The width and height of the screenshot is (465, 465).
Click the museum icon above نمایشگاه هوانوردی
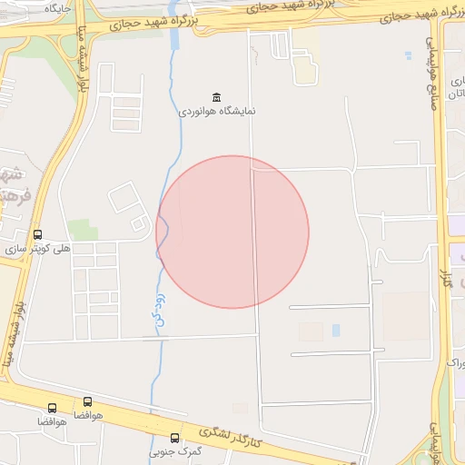click(216, 97)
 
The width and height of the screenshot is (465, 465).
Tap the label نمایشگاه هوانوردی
click(216, 111)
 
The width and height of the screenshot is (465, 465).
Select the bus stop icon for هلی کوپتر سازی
click(37, 233)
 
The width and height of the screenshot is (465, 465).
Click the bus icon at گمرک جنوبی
click(174, 437)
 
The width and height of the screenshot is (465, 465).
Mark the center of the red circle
click(232, 232)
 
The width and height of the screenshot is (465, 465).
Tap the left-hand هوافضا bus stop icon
click(52, 408)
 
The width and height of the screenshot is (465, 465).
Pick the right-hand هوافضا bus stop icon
click(88, 401)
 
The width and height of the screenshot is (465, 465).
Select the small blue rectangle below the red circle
click(336, 331)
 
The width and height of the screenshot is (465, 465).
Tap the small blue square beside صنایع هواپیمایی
click(408, 56)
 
